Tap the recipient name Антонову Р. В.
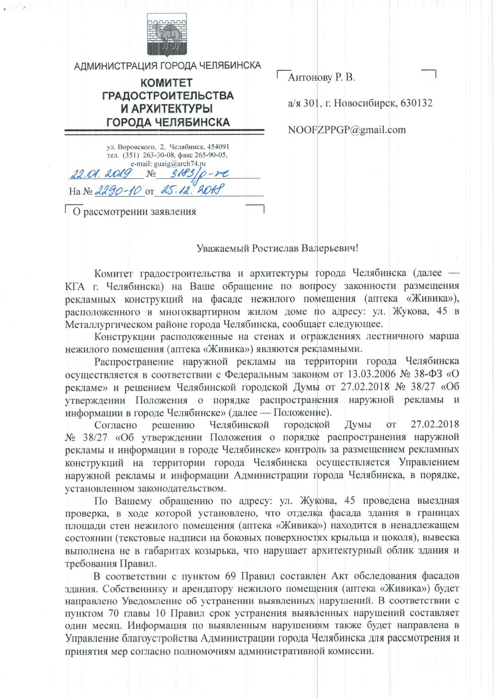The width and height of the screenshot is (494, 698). [x=321, y=77]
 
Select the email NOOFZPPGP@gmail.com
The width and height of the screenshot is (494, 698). [x=347, y=129]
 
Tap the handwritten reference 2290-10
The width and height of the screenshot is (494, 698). [x=119, y=191]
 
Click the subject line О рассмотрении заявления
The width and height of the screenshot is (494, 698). [x=134, y=211]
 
